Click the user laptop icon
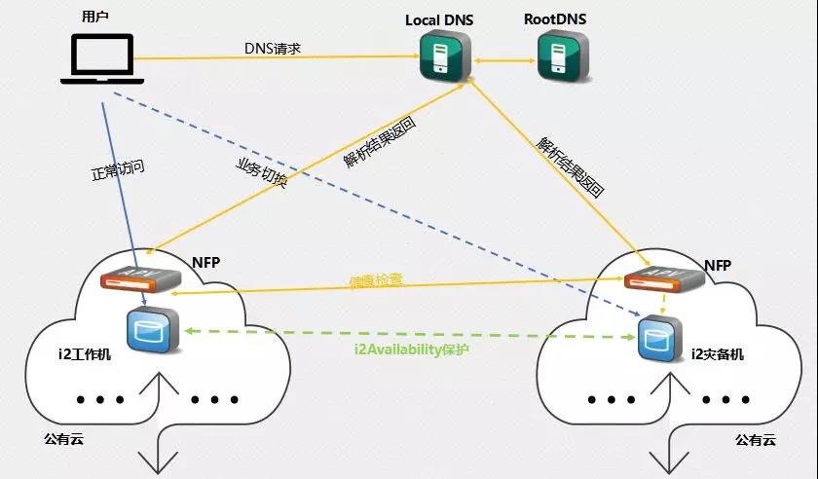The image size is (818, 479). click(x=102, y=60)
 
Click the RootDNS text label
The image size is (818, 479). click(x=555, y=18)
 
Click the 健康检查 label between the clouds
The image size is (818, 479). click(x=377, y=280)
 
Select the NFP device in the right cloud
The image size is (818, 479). click(x=664, y=278)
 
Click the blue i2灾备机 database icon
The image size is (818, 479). click(x=657, y=341)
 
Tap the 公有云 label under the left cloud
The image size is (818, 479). click(x=63, y=439)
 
